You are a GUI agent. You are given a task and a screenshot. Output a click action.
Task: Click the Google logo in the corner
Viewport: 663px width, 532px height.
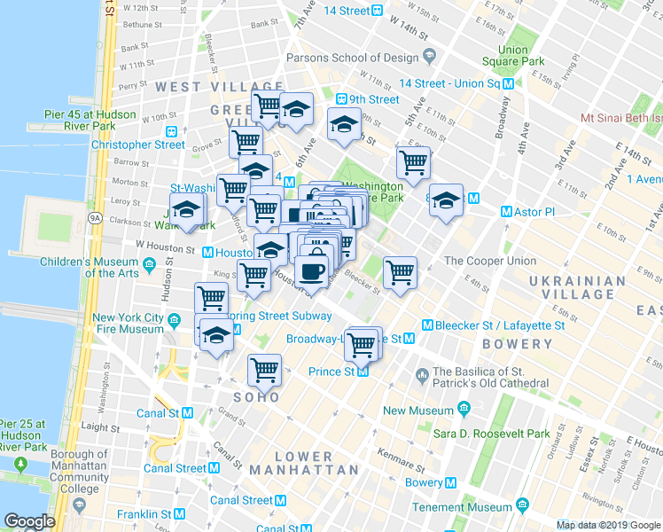point(28,521)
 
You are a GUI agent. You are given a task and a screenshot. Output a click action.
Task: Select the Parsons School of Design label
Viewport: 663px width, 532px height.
point(352,59)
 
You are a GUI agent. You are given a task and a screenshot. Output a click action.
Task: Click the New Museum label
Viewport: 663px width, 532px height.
point(418,411)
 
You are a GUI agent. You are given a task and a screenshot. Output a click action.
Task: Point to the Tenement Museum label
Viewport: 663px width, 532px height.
point(464,507)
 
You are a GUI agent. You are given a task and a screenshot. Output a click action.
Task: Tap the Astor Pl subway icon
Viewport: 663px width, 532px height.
point(506,212)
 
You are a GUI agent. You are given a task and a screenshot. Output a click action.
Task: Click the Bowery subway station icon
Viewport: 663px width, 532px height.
point(451,483)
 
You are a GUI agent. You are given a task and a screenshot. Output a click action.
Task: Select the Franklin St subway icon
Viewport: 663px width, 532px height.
point(179,514)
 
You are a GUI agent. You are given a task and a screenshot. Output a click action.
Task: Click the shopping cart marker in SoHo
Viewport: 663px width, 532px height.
point(264,371)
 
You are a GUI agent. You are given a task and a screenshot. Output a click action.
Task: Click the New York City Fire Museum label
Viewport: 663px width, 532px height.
point(129,324)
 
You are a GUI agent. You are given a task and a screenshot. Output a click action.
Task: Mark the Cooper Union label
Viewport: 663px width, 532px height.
point(489,261)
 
